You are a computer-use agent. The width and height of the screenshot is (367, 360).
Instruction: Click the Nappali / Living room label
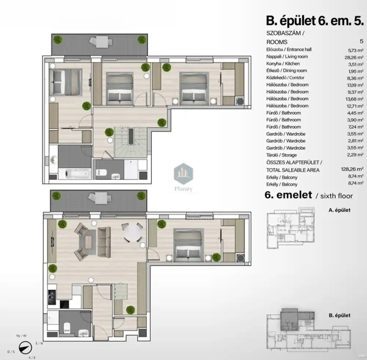point(287,57)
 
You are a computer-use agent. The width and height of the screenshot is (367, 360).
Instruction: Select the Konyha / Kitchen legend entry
point(283,64)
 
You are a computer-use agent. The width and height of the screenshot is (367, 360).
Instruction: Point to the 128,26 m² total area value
point(352,169)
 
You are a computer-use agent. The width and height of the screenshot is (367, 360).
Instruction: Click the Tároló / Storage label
point(281,155)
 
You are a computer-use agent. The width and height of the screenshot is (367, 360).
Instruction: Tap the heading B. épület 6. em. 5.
point(315,21)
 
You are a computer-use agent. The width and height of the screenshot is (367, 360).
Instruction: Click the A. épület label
point(339,210)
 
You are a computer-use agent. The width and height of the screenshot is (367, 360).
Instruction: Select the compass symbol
point(25,348)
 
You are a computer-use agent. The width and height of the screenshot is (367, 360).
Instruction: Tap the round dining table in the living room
point(133,233)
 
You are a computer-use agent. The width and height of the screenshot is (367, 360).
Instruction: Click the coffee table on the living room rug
point(88,242)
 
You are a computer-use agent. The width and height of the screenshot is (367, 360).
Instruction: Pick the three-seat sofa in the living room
point(104,242)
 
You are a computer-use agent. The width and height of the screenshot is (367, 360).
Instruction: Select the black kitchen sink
point(52,297)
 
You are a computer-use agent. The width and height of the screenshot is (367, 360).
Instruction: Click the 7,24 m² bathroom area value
point(355,127)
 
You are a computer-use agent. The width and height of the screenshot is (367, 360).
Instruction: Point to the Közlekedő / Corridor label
point(285,78)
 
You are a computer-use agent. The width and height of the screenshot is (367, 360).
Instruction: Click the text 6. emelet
point(288,195)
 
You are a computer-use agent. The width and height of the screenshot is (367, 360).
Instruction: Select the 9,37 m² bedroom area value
point(355,92)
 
